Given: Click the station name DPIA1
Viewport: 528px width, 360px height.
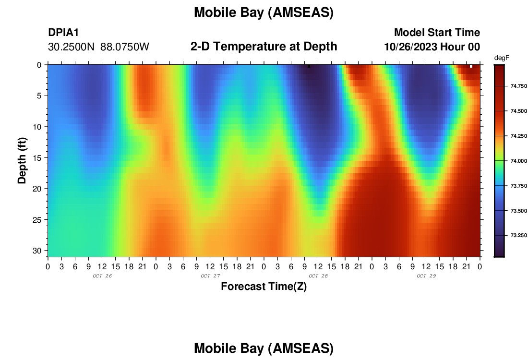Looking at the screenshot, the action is click(x=63, y=32).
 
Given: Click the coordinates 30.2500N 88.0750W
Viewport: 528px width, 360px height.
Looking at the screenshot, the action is click(x=98, y=47).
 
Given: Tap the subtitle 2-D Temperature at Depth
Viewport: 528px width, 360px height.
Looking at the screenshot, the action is click(x=264, y=47).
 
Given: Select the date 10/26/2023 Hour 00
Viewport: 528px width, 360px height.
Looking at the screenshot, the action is click(x=432, y=47).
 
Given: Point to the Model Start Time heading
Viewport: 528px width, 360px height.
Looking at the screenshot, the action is click(x=437, y=32).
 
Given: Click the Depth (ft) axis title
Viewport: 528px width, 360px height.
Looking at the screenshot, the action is click(x=22, y=161).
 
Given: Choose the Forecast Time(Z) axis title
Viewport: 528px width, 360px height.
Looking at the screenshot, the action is click(x=264, y=286).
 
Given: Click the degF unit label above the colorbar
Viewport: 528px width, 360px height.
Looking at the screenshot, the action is click(x=502, y=58).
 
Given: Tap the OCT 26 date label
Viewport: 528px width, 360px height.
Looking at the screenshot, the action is click(x=102, y=276).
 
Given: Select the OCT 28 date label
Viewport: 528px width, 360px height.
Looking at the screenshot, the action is click(x=318, y=276).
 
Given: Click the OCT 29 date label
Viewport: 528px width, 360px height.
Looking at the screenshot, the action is click(x=426, y=276).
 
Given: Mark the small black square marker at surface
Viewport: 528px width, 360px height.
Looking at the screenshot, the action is click(x=309, y=66).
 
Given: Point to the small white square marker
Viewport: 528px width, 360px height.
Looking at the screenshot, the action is click(x=471, y=66).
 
